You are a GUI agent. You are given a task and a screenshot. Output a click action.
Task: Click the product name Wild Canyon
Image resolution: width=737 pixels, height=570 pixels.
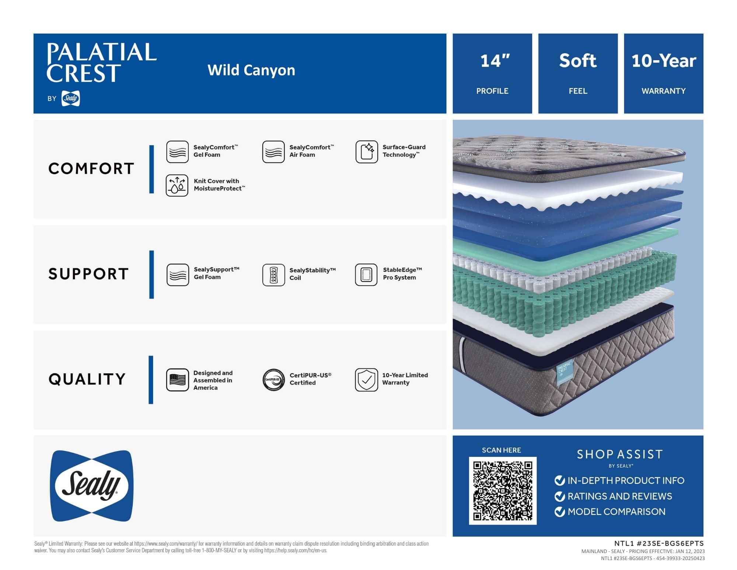pyautogui.click(x=251, y=70)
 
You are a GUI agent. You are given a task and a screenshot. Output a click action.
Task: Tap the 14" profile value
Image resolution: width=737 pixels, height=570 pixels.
pyautogui.click(x=495, y=61)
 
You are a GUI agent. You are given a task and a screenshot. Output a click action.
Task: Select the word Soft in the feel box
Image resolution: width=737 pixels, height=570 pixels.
pyautogui.click(x=577, y=61)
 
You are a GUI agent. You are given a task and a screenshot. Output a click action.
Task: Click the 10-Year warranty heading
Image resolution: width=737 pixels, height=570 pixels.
pyautogui.click(x=664, y=61)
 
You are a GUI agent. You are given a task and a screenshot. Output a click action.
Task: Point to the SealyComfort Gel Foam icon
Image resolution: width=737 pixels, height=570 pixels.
pyautogui.click(x=177, y=152)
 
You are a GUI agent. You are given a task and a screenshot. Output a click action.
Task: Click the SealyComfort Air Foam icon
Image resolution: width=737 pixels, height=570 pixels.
pyautogui.click(x=273, y=152)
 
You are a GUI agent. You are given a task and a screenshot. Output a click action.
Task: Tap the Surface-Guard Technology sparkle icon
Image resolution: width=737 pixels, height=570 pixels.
pyautogui.click(x=367, y=152)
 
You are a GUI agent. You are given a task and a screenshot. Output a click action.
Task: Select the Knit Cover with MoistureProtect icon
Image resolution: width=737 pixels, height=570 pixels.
pyautogui.click(x=177, y=185)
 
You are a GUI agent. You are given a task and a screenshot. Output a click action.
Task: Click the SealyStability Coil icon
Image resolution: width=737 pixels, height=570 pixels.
pyautogui.click(x=273, y=275)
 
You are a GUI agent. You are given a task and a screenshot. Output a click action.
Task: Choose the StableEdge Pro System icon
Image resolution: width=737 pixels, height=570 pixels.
pyautogui.click(x=366, y=274)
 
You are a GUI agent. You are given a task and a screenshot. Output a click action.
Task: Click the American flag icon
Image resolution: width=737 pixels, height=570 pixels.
pyautogui.click(x=178, y=380)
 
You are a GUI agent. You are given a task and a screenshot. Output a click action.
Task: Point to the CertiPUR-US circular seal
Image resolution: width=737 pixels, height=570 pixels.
pyautogui.click(x=273, y=380)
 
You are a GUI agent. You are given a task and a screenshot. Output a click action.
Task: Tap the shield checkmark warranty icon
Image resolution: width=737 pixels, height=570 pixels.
pyautogui.click(x=366, y=380)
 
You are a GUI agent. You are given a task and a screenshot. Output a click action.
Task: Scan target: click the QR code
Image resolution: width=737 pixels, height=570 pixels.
pyautogui.click(x=503, y=490)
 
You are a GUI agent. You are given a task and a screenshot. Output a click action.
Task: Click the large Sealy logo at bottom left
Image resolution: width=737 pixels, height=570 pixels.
pyautogui.click(x=91, y=486)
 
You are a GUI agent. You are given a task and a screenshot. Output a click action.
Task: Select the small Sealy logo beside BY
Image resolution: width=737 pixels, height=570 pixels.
pyautogui.click(x=70, y=98)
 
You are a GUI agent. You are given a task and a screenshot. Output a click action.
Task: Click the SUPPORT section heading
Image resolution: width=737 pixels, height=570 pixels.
pyautogui.click(x=88, y=274)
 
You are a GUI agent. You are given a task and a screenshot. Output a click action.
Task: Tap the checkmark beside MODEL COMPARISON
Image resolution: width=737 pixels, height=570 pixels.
pyautogui.click(x=559, y=512)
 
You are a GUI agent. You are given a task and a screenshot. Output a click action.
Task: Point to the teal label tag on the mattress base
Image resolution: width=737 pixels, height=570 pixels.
pyautogui.click(x=564, y=371)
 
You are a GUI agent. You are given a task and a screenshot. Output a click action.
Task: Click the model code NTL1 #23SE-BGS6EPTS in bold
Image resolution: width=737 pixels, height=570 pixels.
pyautogui.click(x=659, y=543)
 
